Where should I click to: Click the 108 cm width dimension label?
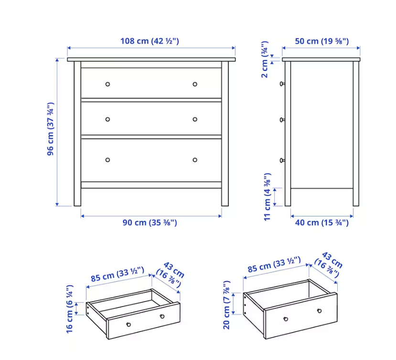(x=150, y=41)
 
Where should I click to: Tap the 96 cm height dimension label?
(x=51, y=129)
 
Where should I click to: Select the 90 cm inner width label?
(x=150, y=222)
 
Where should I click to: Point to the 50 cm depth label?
(x=322, y=41)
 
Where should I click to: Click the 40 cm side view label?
(x=322, y=222)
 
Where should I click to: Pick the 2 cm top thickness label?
(x=265, y=59)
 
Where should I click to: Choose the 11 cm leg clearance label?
(x=267, y=197)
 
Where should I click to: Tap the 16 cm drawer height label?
(x=69, y=309)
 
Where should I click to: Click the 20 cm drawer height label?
(x=226, y=305)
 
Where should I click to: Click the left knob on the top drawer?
(x=107, y=84)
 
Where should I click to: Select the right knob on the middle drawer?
(x=195, y=120)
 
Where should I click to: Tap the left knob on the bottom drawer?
(x=107, y=160)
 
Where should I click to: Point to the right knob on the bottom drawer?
(x=195, y=160)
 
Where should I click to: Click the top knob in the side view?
(x=282, y=84)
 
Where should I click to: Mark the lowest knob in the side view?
(x=282, y=160)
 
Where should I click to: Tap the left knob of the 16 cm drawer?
(x=128, y=324)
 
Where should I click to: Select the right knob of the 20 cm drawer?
(x=319, y=311)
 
